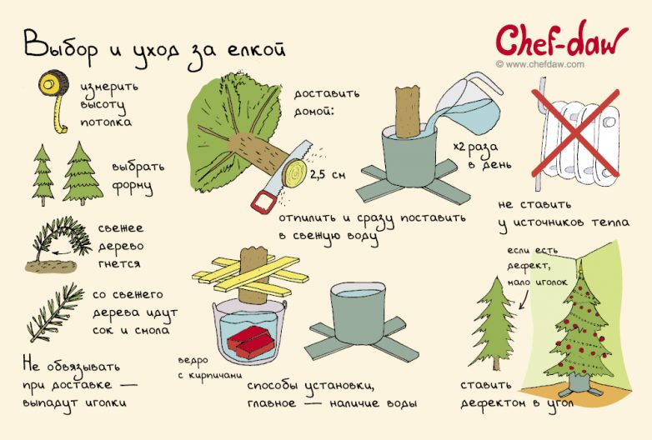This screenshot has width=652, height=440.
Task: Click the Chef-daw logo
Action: pos(561,41)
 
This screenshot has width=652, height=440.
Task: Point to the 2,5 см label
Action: pos(328,174)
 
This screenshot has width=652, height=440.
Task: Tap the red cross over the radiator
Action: pos(575,132)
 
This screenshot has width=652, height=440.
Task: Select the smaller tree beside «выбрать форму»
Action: pos(43,175)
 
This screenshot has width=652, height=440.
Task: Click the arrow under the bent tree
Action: pos(61,252)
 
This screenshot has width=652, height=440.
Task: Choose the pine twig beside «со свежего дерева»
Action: pos(55,312)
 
